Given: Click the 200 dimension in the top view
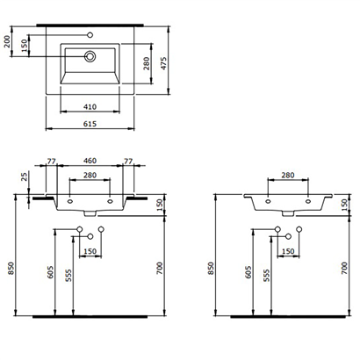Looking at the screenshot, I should pyautogui.click(x=8, y=40).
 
